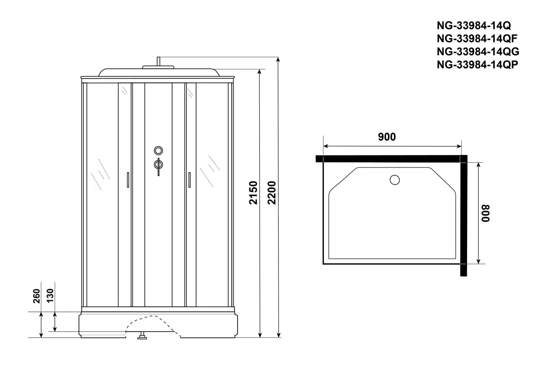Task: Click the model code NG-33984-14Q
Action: click(474, 26)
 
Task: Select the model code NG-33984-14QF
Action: click(477, 39)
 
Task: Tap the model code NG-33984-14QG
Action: click(478, 52)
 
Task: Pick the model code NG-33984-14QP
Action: click(477, 65)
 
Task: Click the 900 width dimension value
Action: click(387, 137)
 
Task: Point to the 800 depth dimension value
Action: click(486, 213)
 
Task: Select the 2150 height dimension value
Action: click(253, 193)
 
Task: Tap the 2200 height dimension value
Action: click(272, 193)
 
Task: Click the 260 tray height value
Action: click(36, 296)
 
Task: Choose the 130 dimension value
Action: click(50, 296)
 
